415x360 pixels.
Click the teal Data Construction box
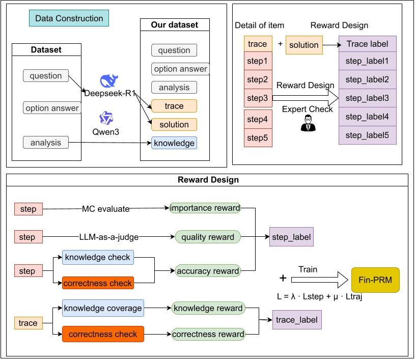coord(69,19)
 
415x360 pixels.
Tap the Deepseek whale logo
coord(108,81)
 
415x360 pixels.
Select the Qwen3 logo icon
coord(106,118)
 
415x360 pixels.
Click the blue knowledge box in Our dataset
coord(174,143)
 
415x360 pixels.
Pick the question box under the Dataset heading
coord(46,76)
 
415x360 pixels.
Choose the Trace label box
coord(367,44)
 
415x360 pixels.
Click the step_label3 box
coord(367,98)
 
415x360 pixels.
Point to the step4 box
coord(257,119)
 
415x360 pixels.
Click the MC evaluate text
coord(105,208)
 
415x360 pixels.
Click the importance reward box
coord(205,208)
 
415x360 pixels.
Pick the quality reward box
coord(208,237)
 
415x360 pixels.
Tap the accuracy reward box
coord(208,271)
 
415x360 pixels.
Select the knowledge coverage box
coord(103,308)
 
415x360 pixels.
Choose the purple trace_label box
coord(297,320)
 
